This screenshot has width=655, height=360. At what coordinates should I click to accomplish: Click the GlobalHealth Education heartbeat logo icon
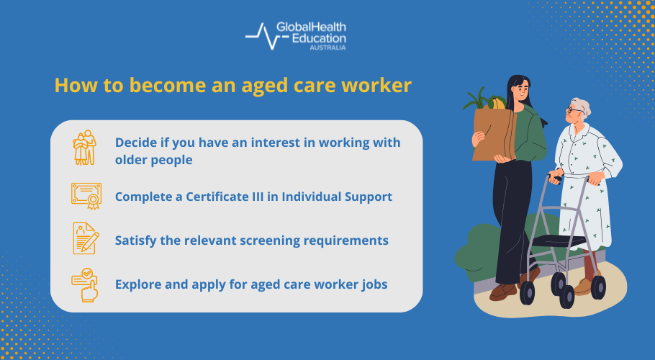[260, 37]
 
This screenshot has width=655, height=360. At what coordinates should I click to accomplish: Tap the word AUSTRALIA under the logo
[327, 48]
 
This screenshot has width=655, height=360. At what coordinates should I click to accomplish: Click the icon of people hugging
[85, 148]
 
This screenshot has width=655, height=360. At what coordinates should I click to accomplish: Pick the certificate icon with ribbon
[85, 195]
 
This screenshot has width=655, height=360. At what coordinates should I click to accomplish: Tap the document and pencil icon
[85, 238]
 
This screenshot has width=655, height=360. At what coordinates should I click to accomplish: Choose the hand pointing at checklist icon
[85, 284]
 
